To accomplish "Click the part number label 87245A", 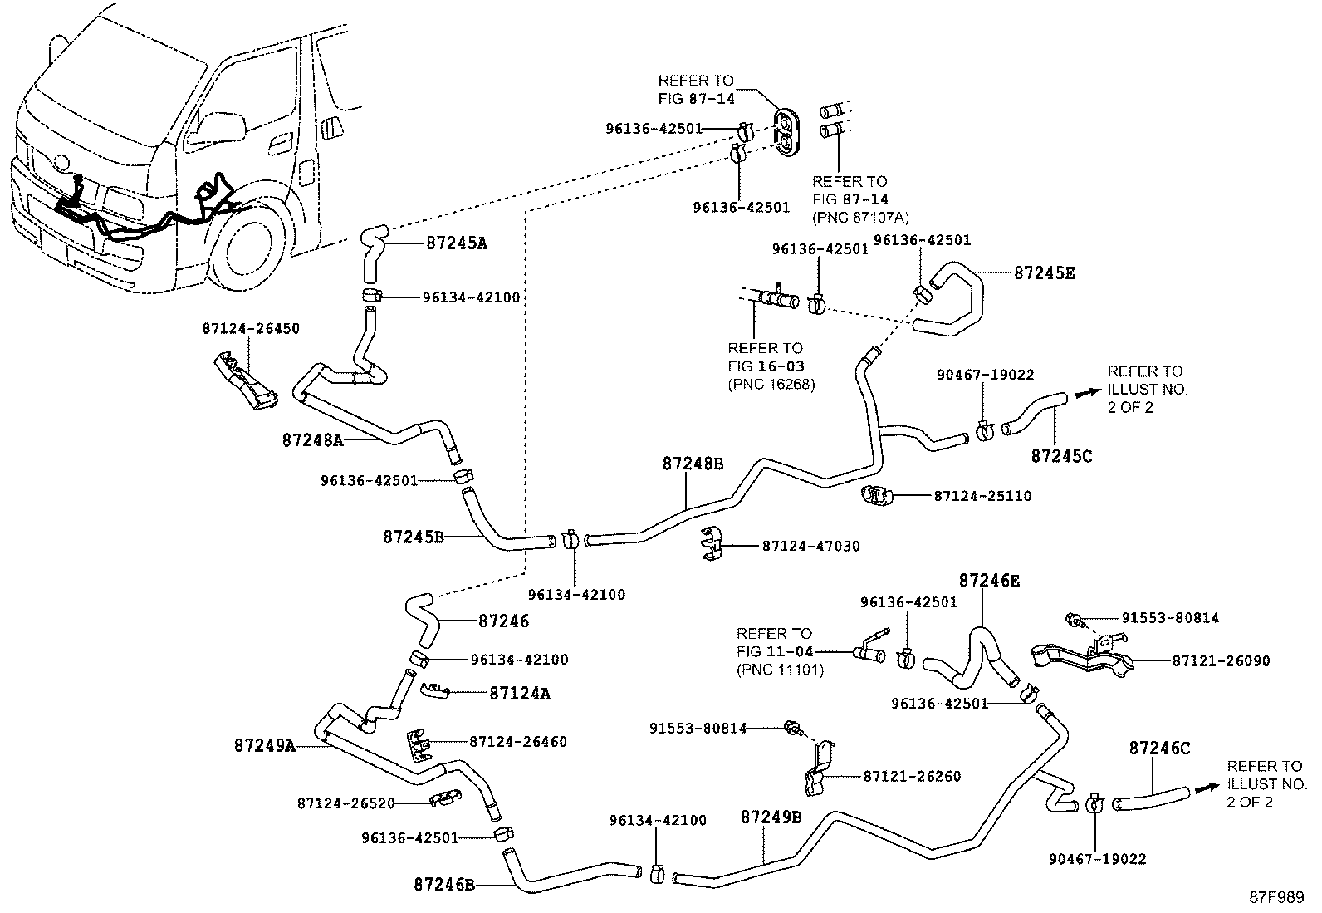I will [456, 243].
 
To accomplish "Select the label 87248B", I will [693, 464].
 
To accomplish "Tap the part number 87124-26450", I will [251, 328].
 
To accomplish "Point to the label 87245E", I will [1044, 272].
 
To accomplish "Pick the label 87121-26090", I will [1221, 661].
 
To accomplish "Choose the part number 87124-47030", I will [810, 546].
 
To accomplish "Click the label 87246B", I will [444, 885].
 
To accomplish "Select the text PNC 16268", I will [771, 384].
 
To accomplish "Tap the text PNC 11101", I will [780, 670].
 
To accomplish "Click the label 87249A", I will [264, 746].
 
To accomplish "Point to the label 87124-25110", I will [982, 496].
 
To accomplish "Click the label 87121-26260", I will [912, 776].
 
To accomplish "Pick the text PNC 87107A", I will [860, 218].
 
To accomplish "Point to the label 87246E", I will [988, 580].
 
